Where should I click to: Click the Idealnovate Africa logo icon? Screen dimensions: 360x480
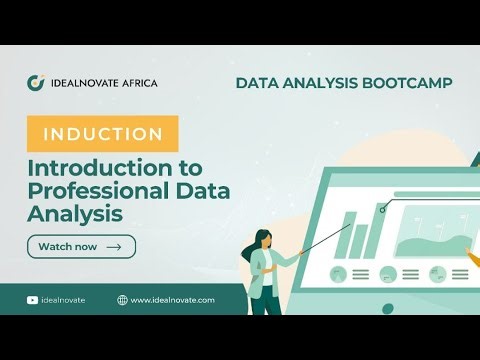[x=36, y=83]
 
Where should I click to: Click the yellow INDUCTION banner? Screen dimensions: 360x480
[x=103, y=134]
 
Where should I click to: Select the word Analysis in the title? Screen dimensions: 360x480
[x=76, y=213]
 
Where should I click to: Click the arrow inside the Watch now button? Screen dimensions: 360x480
[x=114, y=246]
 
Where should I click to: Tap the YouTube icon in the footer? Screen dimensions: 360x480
[x=33, y=299]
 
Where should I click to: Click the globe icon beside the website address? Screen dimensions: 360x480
[x=122, y=299]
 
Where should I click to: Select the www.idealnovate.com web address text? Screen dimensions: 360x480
[x=173, y=299]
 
